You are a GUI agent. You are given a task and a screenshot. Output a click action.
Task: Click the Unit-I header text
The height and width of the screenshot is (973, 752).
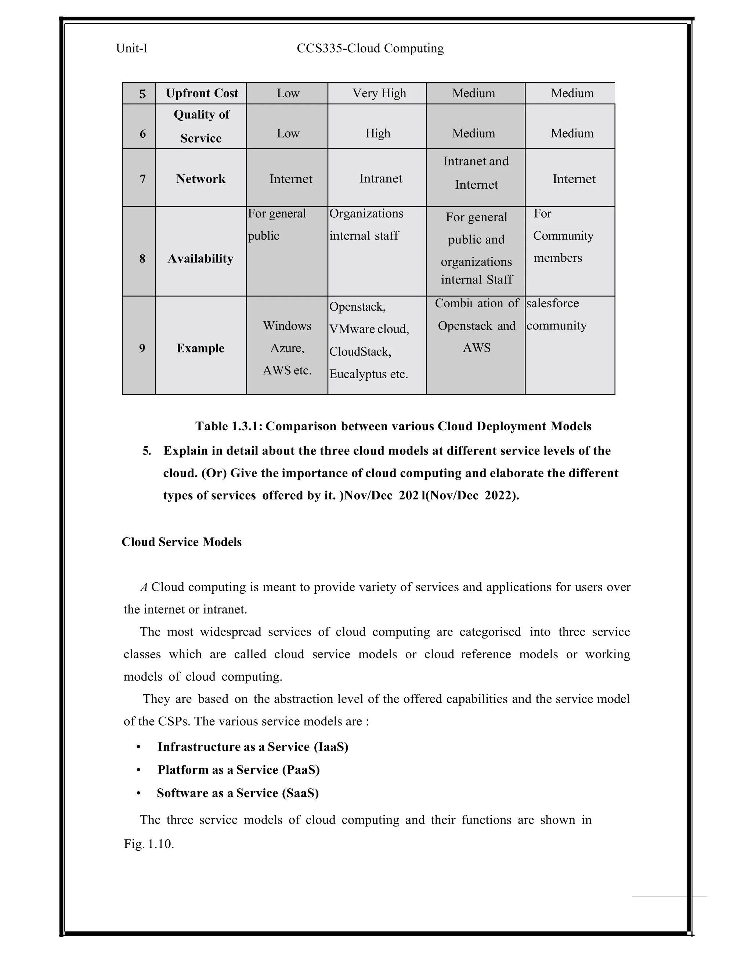pos(131,48)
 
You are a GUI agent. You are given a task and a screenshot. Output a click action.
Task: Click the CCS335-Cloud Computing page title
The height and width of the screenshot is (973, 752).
pos(370,48)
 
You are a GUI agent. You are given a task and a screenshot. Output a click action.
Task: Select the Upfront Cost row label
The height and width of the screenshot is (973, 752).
pos(202,93)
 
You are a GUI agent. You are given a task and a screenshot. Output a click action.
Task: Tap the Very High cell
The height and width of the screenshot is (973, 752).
pos(379,93)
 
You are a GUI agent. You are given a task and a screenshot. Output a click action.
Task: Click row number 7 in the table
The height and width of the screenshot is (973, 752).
pos(142,179)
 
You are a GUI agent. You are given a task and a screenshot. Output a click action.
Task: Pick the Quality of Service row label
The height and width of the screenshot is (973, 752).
pos(201,126)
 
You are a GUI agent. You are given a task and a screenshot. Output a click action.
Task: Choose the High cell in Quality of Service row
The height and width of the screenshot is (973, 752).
pos(378,133)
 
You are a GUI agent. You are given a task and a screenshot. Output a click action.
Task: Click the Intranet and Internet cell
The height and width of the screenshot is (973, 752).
pos(476,173)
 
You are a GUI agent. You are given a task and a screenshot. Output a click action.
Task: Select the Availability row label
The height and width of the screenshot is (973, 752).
pos(200,258)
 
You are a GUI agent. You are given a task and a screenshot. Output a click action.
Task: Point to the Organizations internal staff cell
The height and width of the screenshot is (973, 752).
pos(366,225)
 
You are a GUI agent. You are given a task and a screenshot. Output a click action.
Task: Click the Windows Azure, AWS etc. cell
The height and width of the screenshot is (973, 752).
pos(287,348)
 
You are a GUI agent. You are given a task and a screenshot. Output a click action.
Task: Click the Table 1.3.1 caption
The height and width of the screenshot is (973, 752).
pos(393,426)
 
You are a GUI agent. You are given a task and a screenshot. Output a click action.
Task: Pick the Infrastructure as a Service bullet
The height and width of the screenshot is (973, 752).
pos(253,747)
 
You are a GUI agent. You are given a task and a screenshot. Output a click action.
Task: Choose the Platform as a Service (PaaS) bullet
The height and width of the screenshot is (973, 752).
pos(238,770)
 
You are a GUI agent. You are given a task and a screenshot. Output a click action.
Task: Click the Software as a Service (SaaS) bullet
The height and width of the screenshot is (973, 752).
pos(238,793)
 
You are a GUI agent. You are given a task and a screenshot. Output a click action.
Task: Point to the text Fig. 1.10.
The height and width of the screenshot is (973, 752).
pos(149,844)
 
